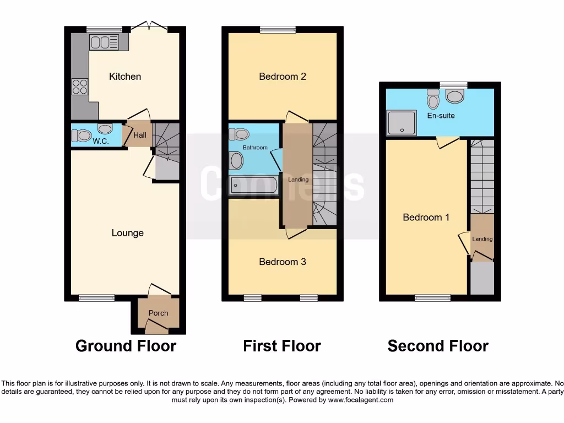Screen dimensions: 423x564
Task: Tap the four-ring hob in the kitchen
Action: click(x=79, y=86)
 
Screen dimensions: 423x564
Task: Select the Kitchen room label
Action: click(x=125, y=77)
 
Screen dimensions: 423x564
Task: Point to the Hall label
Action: click(x=139, y=134)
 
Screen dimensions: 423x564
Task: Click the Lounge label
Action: click(x=127, y=233)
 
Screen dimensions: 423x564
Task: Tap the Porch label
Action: click(x=158, y=313)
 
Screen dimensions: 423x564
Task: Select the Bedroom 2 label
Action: click(x=283, y=77)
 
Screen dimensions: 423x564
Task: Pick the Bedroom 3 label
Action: click(x=283, y=262)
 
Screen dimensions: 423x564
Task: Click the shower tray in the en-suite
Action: click(x=402, y=122)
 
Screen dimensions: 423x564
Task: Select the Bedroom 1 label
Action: click(x=426, y=218)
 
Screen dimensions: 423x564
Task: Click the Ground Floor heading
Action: click(x=126, y=346)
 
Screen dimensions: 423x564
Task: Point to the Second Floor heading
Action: click(x=438, y=346)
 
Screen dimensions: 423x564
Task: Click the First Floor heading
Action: click(x=282, y=346)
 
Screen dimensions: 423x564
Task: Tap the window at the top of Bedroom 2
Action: click(x=277, y=30)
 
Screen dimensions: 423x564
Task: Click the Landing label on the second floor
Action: click(x=482, y=238)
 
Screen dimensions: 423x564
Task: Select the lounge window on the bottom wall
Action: click(x=96, y=298)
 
